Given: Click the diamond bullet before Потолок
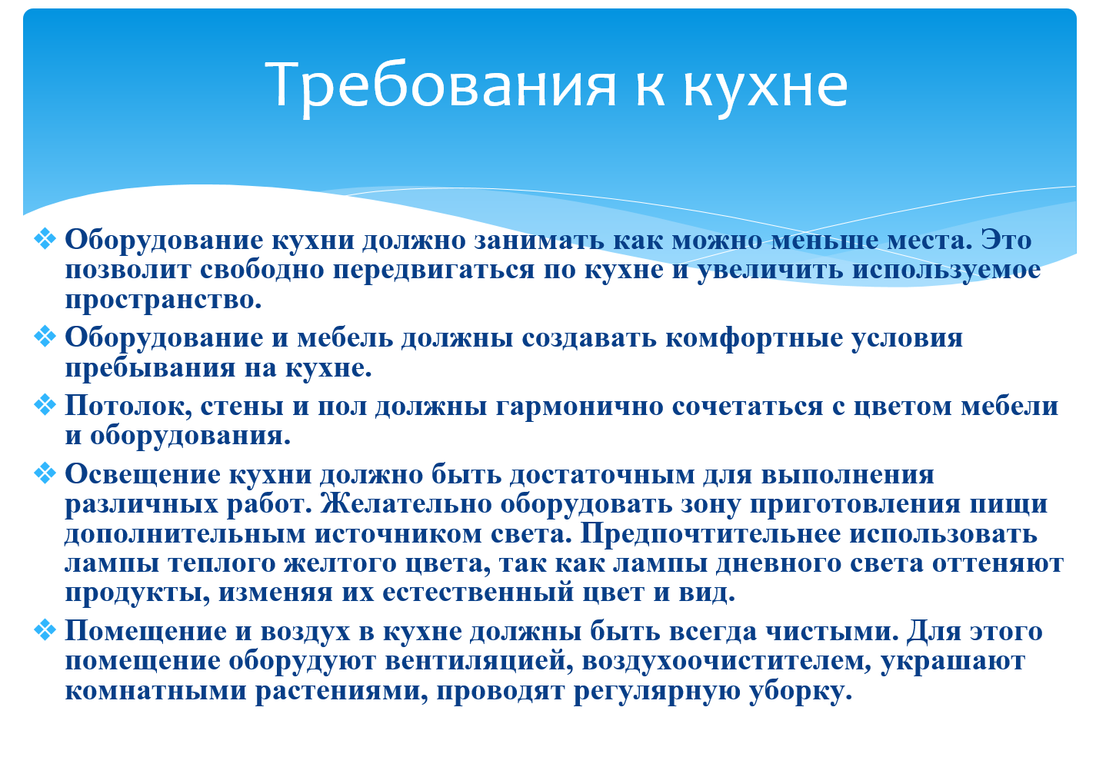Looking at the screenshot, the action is point(45,405).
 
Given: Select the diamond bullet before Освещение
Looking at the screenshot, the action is point(45,473).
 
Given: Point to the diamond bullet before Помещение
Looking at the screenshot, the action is point(45,629).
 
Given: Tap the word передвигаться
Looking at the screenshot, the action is point(433,271).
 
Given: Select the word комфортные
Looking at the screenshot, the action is point(754,338).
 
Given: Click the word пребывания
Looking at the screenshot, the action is point(150,368).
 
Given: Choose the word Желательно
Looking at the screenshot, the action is point(406,503).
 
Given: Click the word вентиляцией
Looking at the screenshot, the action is point(478,661).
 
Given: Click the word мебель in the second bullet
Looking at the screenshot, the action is point(345,338).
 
